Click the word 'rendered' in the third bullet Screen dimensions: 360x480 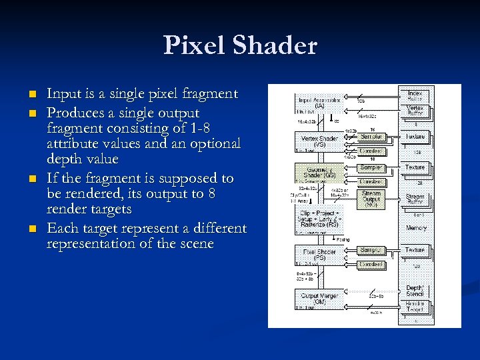[x=89, y=194]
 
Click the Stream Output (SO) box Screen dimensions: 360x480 [x=371, y=198]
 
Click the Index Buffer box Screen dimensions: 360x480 [x=415, y=94]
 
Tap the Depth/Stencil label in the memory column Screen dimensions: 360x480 [x=415, y=291]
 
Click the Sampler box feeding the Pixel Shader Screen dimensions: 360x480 [x=371, y=250]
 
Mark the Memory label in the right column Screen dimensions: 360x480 [x=416, y=228]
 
